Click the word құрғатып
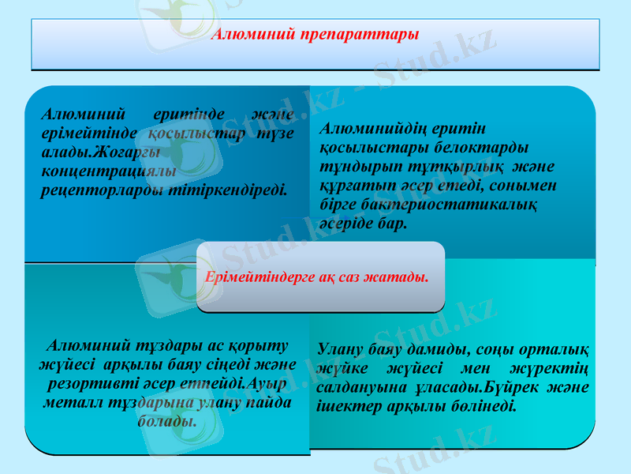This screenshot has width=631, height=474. [x=352, y=186]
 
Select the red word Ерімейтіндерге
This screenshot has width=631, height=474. [x=254, y=277]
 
